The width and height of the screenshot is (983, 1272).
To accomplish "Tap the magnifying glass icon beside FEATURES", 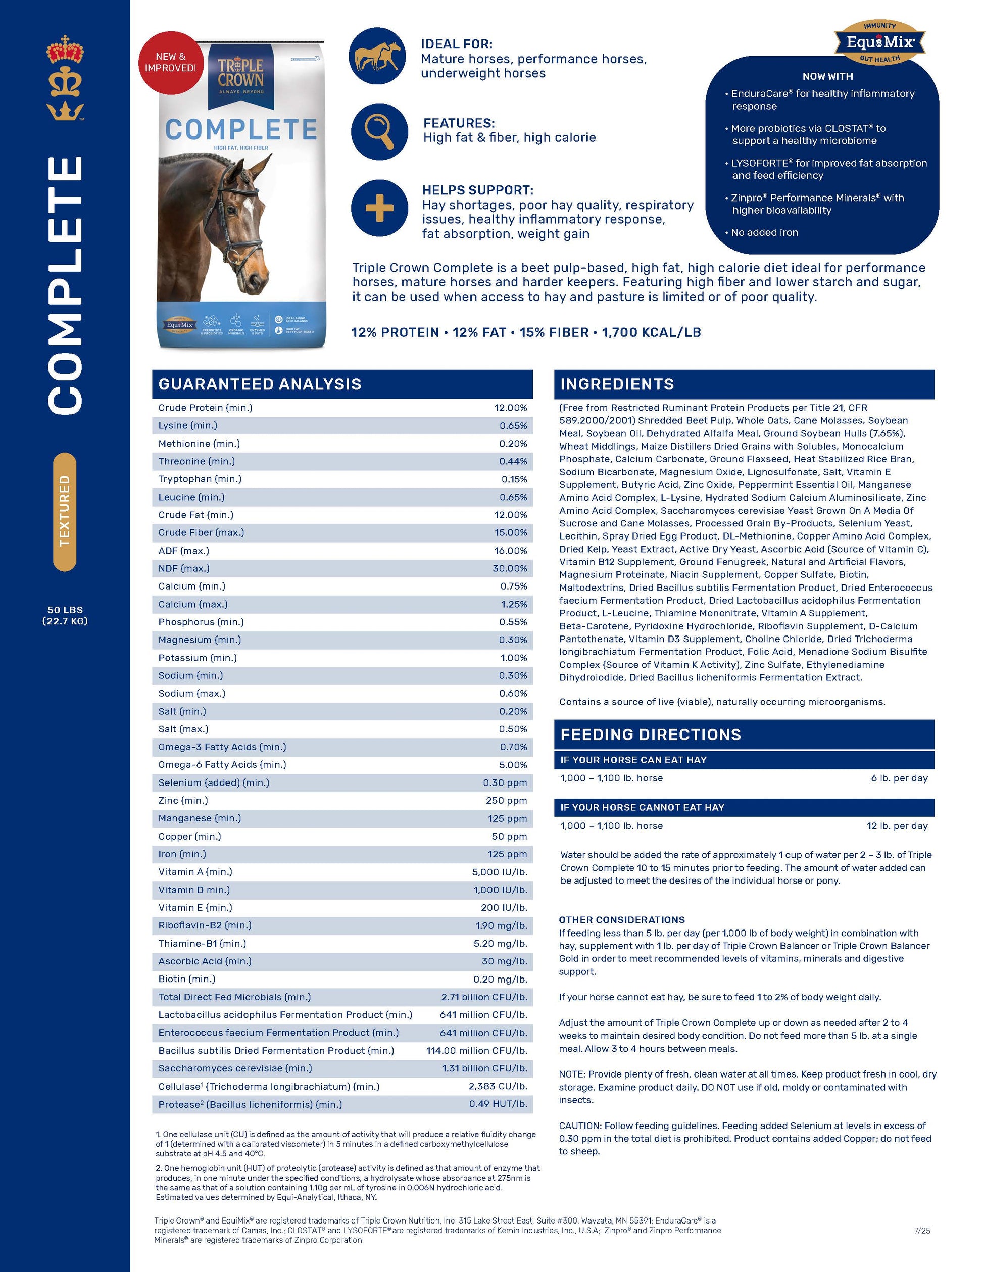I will click(x=379, y=132).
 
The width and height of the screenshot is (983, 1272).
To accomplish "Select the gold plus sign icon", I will click(x=379, y=208).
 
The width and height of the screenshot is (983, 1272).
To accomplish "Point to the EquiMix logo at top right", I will click(x=880, y=42).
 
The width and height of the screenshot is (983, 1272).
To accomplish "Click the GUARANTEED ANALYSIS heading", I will click(x=260, y=384).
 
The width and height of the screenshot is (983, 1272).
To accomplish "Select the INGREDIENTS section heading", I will click(x=617, y=384).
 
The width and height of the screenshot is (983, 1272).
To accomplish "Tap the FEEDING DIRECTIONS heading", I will click(x=651, y=735).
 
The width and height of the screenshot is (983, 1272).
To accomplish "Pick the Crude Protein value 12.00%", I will click(x=510, y=408).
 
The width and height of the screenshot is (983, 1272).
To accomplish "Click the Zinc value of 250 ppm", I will click(x=506, y=800).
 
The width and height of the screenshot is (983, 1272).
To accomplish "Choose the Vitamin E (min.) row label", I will click(x=195, y=907).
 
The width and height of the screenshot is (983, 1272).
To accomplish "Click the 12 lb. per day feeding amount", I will click(x=897, y=826).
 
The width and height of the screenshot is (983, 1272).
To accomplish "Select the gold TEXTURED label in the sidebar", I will click(x=65, y=511).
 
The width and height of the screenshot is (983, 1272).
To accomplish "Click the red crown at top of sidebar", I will click(x=65, y=50).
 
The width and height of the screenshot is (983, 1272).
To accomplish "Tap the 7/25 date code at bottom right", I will click(x=922, y=1231).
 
